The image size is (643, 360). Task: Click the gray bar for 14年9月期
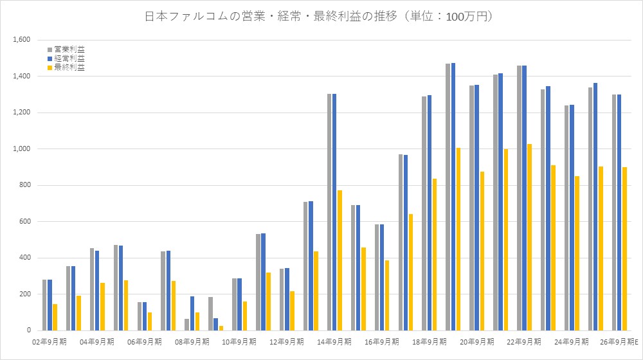pos(330,212)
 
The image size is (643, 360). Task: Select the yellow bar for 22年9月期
pos(529,237)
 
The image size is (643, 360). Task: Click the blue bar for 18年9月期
pos(430,213)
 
